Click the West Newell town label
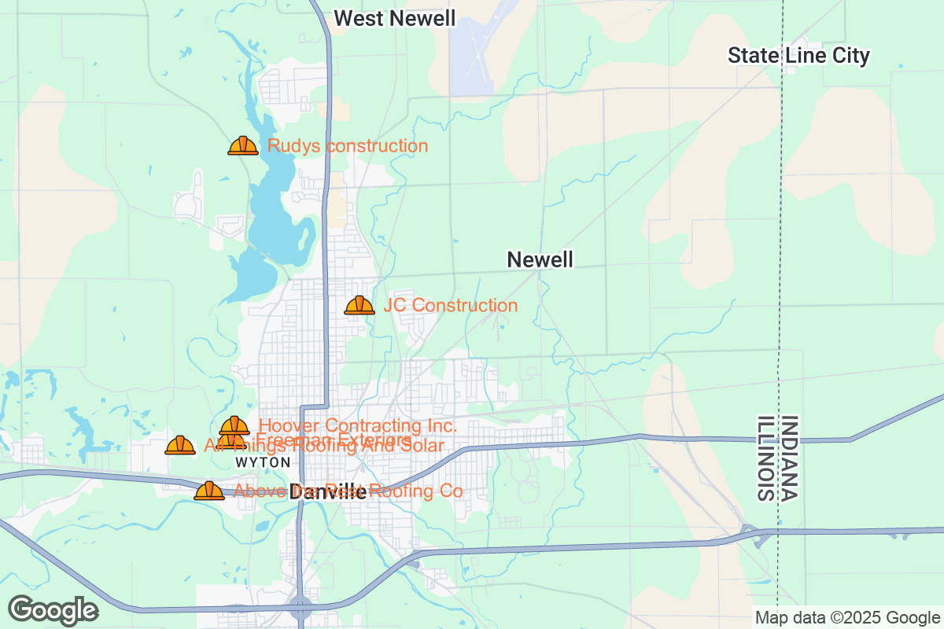(394, 18)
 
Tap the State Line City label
(798, 56)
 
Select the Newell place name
(540, 259)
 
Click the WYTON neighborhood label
(263, 462)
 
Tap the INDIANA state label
(790, 458)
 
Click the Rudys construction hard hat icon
(243, 145)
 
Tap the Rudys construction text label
(348, 145)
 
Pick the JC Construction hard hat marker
(360, 305)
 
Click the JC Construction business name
(451, 305)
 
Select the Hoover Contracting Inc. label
(358, 426)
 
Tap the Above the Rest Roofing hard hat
(209, 491)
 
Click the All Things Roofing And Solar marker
(180, 446)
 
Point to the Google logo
(53, 610)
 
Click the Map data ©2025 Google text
(847, 617)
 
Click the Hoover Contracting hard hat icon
(234, 425)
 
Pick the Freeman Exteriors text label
(334, 440)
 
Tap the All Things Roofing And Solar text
(324, 447)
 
